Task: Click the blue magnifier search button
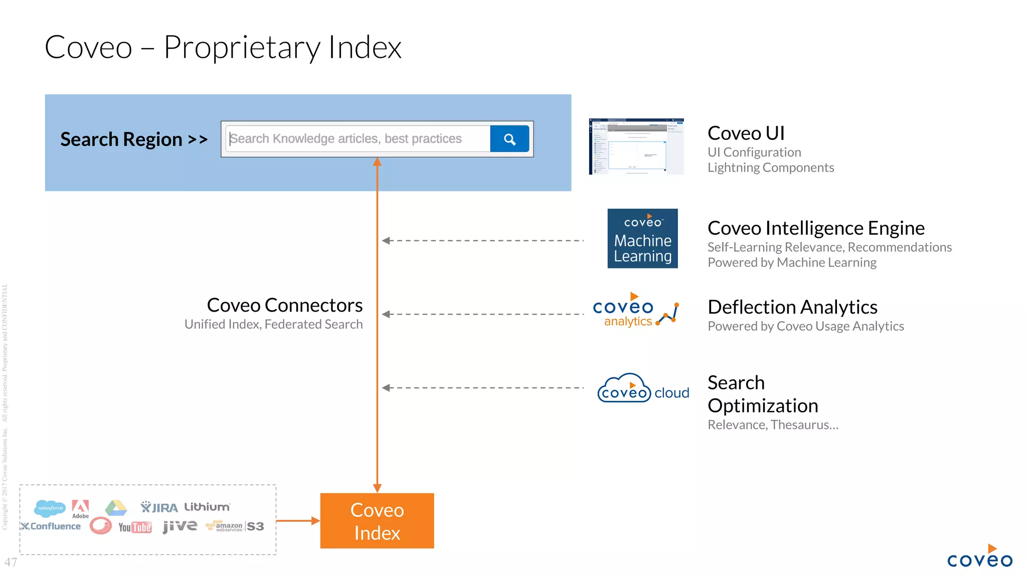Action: click(x=509, y=139)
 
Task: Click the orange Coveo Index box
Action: click(x=377, y=521)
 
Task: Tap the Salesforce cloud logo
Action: click(x=50, y=508)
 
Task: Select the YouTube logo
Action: click(x=135, y=527)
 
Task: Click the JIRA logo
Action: click(x=159, y=507)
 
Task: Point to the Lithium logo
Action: click(x=207, y=507)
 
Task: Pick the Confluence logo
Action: click(x=51, y=526)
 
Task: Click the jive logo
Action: click(x=180, y=526)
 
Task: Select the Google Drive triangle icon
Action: click(x=116, y=508)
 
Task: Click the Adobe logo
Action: click(x=80, y=508)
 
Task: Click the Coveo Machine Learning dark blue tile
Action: click(x=642, y=238)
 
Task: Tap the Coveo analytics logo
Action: click(x=635, y=311)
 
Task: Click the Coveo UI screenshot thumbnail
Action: click(x=636, y=147)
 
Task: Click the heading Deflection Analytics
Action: click(x=792, y=307)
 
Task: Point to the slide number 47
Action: click(x=11, y=562)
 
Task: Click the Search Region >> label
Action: click(x=134, y=139)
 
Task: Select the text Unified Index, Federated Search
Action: click(x=273, y=325)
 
